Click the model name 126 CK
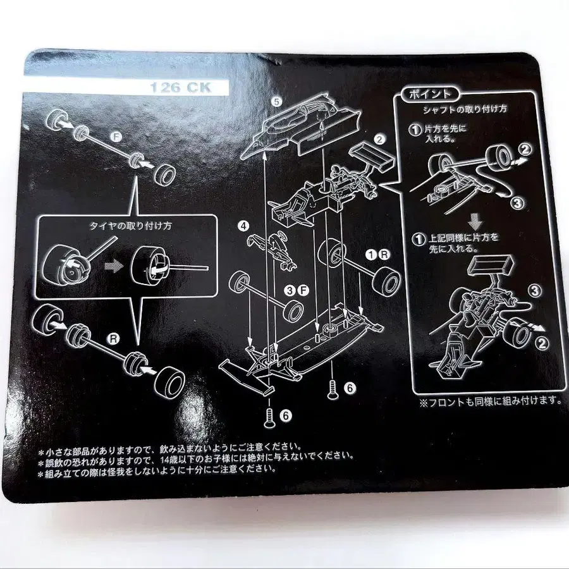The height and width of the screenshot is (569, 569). (180, 88)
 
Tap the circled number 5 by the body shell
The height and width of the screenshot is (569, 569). (276, 101)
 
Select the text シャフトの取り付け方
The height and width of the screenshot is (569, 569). (465, 109)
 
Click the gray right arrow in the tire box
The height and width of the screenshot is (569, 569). (113, 267)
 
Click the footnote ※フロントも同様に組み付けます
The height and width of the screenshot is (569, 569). (490, 400)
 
